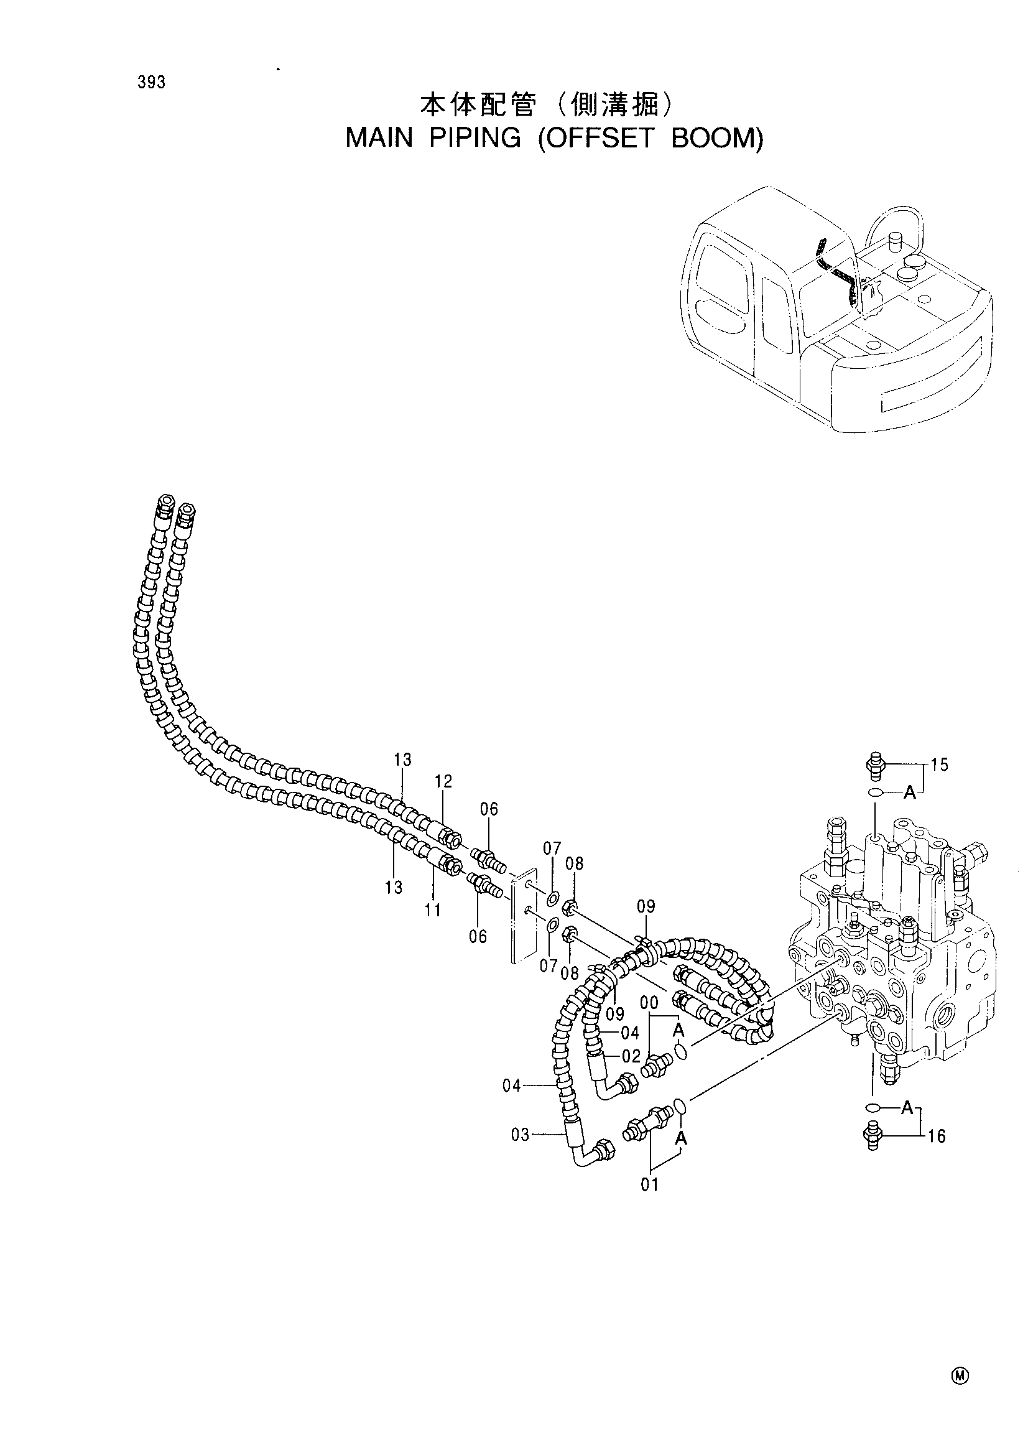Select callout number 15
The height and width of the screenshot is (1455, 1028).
[x=940, y=766]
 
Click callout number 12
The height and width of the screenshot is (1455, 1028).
[x=443, y=781]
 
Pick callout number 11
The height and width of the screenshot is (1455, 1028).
[x=433, y=911]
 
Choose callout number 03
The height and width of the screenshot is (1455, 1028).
[x=520, y=1135]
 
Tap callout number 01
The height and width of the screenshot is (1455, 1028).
[x=649, y=1184]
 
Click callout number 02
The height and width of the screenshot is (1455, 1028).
[x=631, y=1056]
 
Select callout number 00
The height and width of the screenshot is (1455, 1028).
[x=649, y=1002]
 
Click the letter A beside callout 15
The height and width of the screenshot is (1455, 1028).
[x=910, y=792]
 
